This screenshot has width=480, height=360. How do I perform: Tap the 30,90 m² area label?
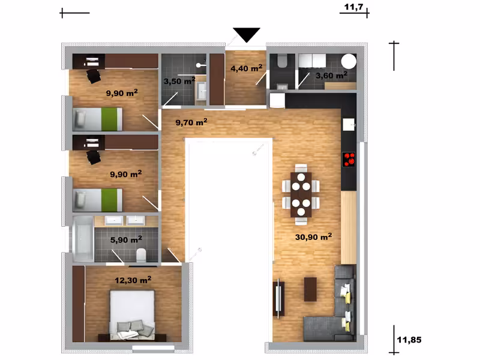pos(313,236)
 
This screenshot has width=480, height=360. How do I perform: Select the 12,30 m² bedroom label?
pos(133,280)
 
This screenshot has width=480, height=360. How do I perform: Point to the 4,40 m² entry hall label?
pos(247,68)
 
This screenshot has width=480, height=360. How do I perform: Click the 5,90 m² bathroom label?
pos(126,239)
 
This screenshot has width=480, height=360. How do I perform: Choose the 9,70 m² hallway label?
pos(191,122)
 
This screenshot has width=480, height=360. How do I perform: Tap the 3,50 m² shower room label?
pos(179,81)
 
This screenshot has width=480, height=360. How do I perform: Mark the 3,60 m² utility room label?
pos(332,75)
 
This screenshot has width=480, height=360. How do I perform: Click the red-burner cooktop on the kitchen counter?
pos(349,160)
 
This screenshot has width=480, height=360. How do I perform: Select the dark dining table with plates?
pos(301,194)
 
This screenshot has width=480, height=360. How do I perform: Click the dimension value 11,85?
pos(409,340)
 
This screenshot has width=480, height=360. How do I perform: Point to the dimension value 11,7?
pos(353,7)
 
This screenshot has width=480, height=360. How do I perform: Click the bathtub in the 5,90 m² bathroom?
pos(83,239)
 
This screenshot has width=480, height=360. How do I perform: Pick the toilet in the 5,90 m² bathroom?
pos(142,255)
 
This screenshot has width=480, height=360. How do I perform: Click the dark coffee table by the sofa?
pos(310,289)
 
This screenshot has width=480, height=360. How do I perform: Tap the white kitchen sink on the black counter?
pos(349,124)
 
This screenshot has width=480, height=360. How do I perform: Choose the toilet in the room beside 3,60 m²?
pos(281,61)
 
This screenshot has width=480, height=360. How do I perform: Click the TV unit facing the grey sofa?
pos(278,298)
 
